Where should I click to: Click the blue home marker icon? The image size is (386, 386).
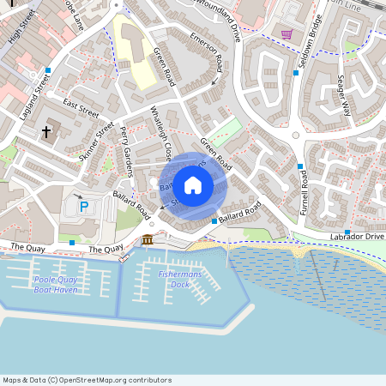(193, 184)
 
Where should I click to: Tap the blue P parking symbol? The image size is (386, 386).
(84, 207)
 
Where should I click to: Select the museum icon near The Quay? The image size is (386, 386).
(148, 239)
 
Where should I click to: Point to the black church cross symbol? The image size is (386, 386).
(46, 132)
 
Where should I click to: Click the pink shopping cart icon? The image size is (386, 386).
(287, 34)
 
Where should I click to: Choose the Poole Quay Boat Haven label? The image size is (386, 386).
(56, 285)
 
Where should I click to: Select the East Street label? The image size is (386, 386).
(81, 109)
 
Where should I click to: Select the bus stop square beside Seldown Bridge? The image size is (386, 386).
(296, 73)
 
